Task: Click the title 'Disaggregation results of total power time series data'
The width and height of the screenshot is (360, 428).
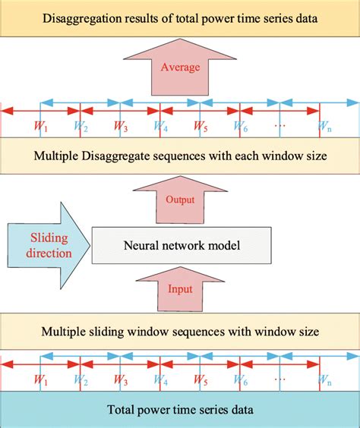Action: [180, 17]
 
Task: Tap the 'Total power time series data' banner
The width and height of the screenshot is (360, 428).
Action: [180, 410]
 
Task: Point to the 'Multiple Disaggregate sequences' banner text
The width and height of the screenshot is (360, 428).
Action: [180, 157]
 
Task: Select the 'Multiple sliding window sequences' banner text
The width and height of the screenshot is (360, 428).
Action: [180, 331]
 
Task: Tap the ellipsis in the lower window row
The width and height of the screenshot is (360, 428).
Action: [280, 376]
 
